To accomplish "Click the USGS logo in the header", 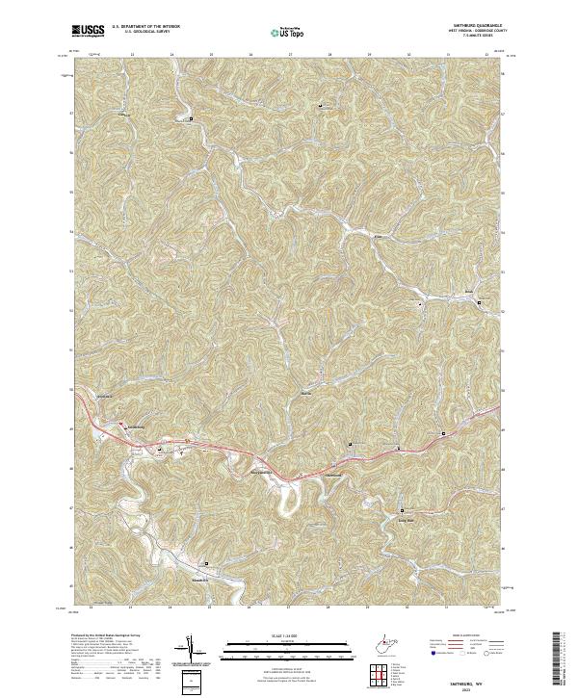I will [x=89, y=30].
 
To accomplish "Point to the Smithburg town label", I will [x=130, y=425].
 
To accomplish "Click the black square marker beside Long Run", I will [x=402, y=510].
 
